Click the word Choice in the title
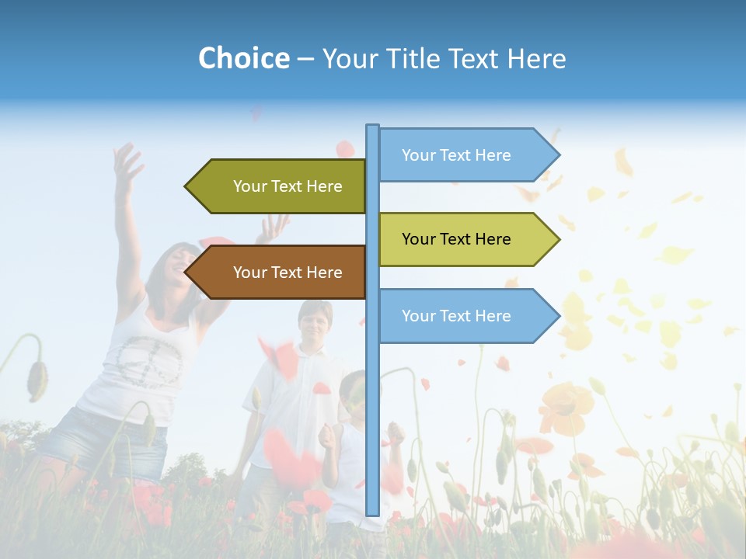click(x=243, y=59)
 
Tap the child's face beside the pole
click(x=354, y=396)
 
